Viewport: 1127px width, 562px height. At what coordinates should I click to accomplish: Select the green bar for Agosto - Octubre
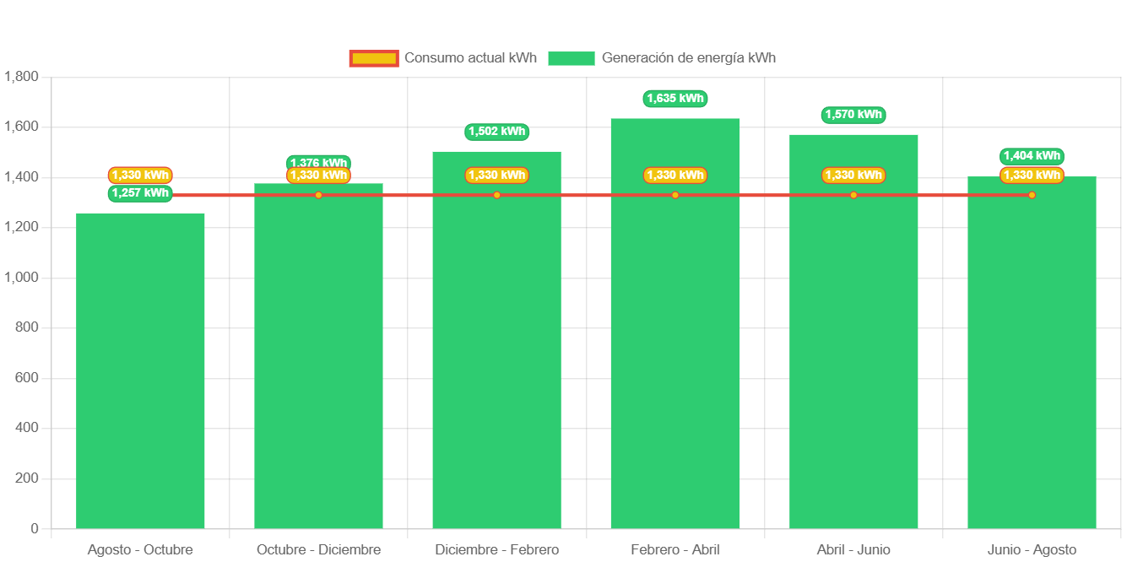140,371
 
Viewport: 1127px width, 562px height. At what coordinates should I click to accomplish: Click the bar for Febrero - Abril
675,338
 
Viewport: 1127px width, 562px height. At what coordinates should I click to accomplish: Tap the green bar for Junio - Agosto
1032,354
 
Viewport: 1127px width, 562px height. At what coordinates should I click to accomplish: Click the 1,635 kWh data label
675,99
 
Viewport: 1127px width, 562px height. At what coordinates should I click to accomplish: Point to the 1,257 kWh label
140,193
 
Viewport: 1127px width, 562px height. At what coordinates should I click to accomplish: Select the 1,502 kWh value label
497,132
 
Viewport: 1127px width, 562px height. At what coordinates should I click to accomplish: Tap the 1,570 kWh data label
853,115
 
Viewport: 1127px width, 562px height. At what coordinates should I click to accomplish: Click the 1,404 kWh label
1032,156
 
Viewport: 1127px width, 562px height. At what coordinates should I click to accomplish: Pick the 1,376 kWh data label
318,162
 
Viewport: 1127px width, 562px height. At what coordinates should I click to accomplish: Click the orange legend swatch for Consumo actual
373,58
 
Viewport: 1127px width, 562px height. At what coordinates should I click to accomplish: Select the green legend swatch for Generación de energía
571,58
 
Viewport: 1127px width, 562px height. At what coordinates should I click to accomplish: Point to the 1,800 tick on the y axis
21,77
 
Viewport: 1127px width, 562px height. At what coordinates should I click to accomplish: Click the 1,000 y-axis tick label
21,278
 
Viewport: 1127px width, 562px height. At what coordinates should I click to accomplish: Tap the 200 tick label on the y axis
28,478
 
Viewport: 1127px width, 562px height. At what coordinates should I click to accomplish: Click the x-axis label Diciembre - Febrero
497,550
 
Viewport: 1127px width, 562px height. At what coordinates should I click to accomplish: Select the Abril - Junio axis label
853,550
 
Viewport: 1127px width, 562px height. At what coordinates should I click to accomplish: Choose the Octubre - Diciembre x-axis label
318,550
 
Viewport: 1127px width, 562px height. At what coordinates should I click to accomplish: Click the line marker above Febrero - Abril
675,195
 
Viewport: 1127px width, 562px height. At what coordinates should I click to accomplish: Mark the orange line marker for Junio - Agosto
1032,195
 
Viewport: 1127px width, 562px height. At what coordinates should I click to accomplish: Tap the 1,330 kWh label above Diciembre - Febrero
497,176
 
